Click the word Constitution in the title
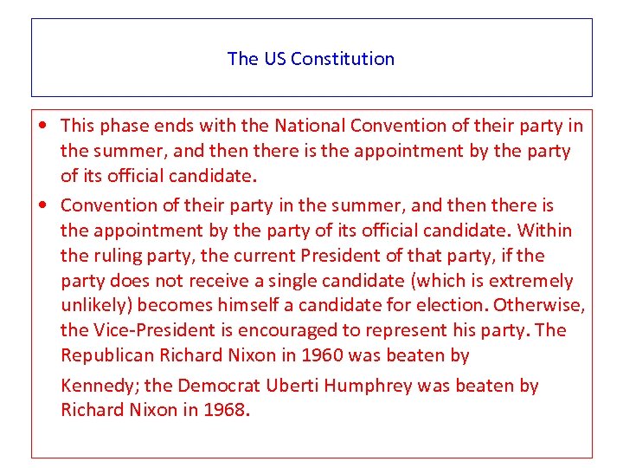tap(343, 59)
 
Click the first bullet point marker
tap(43, 127)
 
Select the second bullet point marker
tap(43, 206)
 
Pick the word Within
tap(546, 231)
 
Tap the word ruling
tap(114, 256)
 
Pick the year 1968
tap(225, 410)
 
